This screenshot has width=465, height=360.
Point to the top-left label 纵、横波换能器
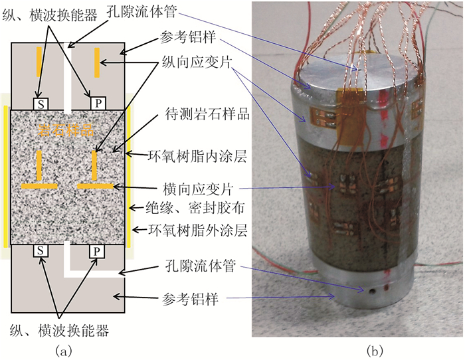51,12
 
